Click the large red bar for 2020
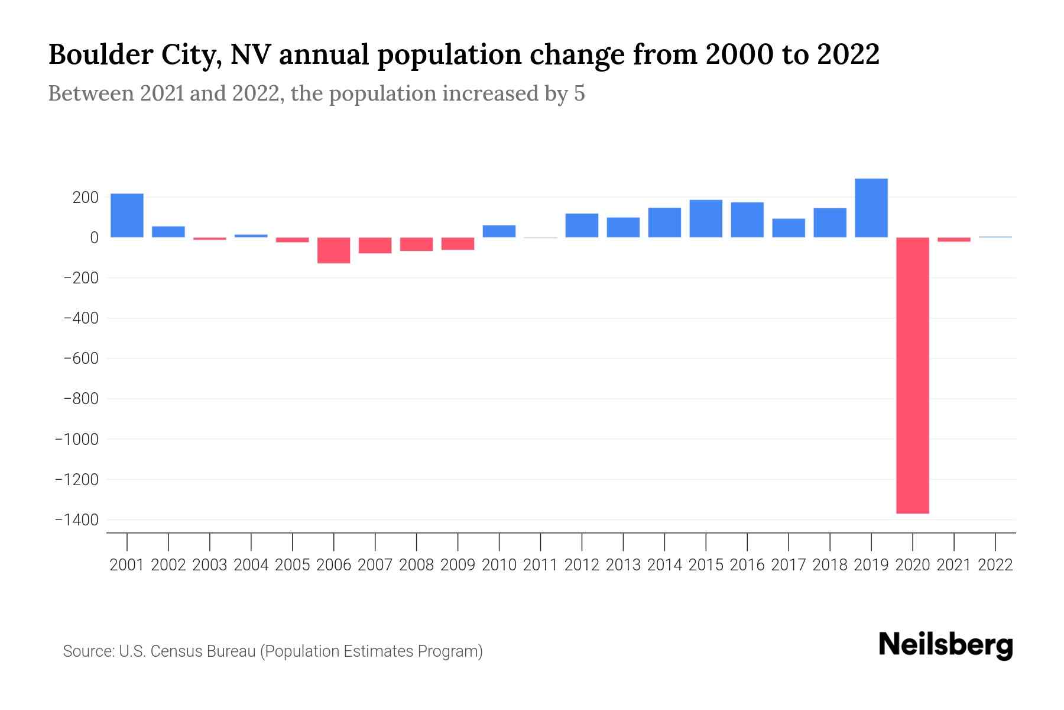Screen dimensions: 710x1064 [912, 375]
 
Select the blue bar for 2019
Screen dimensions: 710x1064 [871, 208]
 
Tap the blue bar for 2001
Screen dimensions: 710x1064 [127, 215]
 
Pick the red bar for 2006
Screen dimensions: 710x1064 [333, 250]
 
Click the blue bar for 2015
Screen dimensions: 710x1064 [706, 218]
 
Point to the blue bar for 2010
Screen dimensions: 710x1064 [499, 231]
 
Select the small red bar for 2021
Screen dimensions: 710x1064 [953, 240]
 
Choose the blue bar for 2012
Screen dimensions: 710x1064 [582, 225]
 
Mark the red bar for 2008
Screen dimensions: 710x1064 [416, 244]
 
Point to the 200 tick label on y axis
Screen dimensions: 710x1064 [85, 198]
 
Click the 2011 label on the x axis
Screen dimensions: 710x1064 [540, 565]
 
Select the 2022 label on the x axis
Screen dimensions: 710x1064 [995, 565]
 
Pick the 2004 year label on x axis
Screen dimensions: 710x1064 [251, 565]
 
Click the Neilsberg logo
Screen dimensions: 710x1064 [946, 645]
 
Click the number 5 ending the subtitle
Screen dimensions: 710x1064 [579, 93]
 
